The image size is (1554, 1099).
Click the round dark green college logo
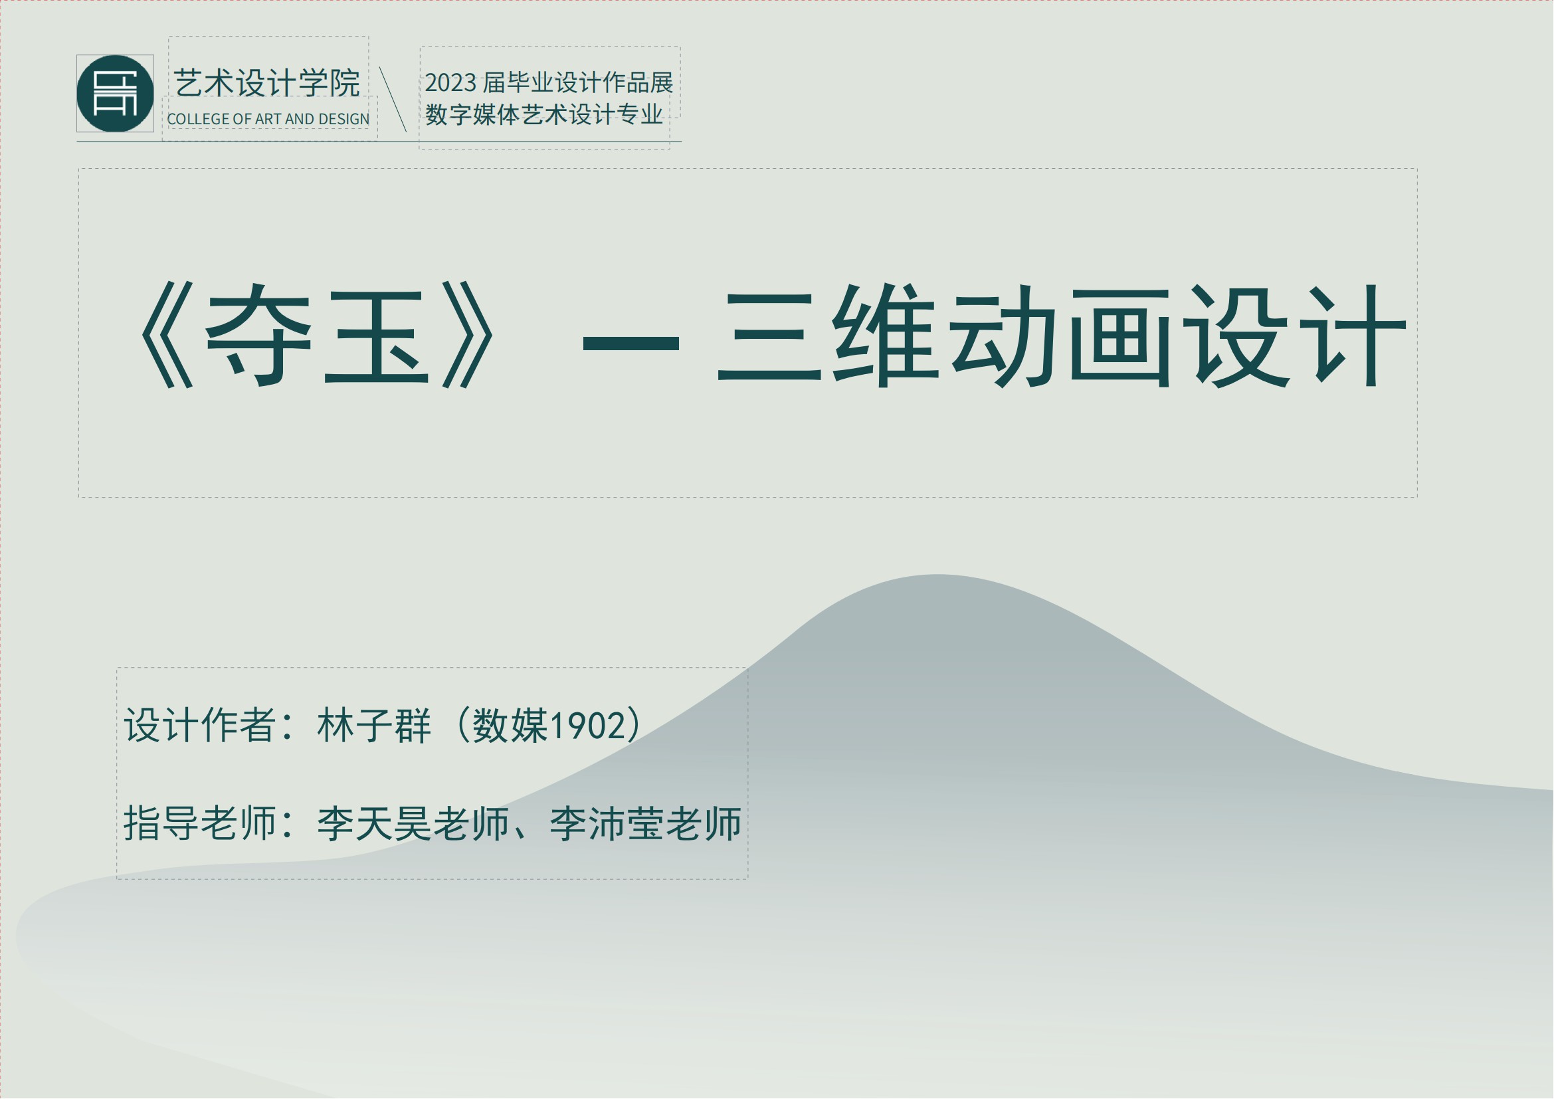click(115, 94)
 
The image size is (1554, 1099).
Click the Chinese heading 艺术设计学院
click(266, 83)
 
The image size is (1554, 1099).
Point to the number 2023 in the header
click(450, 83)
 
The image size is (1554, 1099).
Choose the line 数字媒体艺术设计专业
click(544, 114)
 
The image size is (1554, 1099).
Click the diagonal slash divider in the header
click(393, 99)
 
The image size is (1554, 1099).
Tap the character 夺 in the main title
click(258, 335)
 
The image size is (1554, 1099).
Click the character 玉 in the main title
click(376, 336)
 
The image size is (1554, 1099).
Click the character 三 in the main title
click(769, 336)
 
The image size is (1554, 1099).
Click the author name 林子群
click(374, 726)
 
